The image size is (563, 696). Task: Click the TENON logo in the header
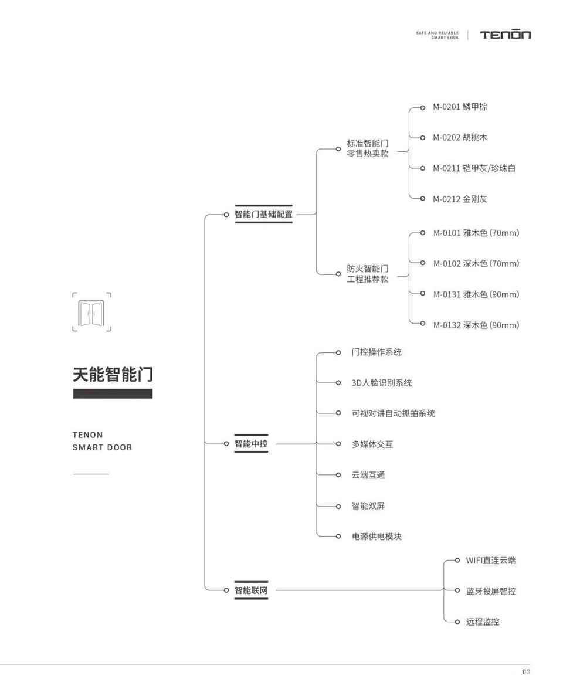pyautogui.click(x=506, y=35)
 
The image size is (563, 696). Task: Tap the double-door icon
pyautogui.click(x=91, y=312)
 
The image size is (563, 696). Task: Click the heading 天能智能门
pyautogui.click(x=113, y=374)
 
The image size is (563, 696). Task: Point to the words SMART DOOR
pyautogui.click(x=102, y=447)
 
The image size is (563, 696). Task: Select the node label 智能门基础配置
pyautogui.click(x=264, y=214)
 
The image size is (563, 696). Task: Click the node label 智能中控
pyautogui.click(x=252, y=443)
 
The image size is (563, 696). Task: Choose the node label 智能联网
pyautogui.click(x=252, y=590)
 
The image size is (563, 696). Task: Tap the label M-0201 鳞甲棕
pyautogui.click(x=460, y=107)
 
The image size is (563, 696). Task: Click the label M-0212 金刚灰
pyautogui.click(x=460, y=199)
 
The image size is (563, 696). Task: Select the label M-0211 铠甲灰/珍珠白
pyautogui.click(x=474, y=168)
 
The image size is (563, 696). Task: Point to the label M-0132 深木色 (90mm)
pyautogui.click(x=476, y=325)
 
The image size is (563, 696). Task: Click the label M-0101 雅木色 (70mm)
pyautogui.click(x=476, y=233)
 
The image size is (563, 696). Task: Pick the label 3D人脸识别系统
pyautogui.click(x=382, y=383)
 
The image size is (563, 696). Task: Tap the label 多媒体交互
pyautogui.click(x=372, y=444)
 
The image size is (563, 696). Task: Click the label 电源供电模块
pyautogui.click(x=377, y=536)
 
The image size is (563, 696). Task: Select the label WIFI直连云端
pyautogui.click(x=491, y=560)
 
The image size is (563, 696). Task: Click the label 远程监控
pyautogui.click(x=483, y=622)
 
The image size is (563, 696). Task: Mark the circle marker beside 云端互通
pyautogui.click(x=338, y=475)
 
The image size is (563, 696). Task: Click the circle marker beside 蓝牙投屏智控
pyautogui.click(x=457, y=590)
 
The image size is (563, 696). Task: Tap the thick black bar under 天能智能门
pyautogui.click(x=113, y=393)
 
